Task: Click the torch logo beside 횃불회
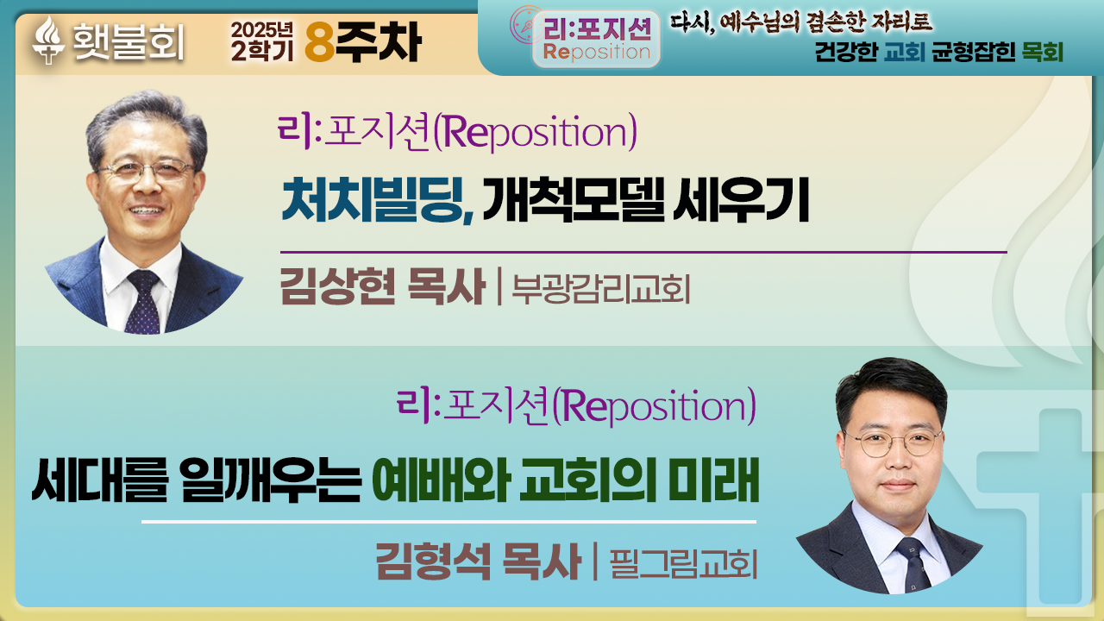pos(48,40)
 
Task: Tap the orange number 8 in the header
pos(320,42)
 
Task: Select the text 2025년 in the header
pos(261,29)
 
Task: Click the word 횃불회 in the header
pos(129,42)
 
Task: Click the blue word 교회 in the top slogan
pos(905,52)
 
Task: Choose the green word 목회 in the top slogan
pos(1043,52)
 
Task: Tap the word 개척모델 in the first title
pos(574,199)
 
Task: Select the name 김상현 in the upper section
pos(337,286)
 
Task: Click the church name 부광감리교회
pos(601,288)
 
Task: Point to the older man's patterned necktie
pos(143,302)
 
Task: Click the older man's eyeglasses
pos(147,171)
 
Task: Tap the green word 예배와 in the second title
pos(441,480)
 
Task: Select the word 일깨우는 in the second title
pos(270,480)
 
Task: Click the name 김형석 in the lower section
pos(433,561)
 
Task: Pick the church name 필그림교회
pos(683,563)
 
